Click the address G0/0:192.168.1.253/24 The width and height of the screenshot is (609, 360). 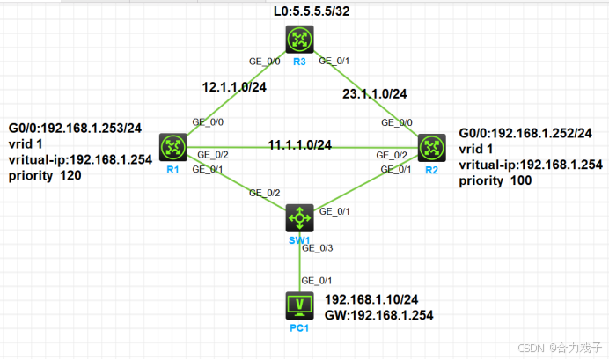74,129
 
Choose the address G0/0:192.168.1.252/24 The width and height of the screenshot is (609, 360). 525,133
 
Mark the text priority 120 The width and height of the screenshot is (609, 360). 48,174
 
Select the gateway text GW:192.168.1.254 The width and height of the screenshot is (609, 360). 379,314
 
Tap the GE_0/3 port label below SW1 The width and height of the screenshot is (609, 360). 316,249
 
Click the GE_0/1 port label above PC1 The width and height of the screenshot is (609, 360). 316,281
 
